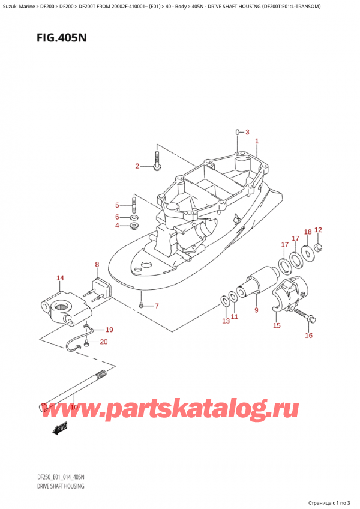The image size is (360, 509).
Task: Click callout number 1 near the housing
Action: coord(257,142)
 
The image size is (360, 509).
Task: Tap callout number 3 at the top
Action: coord(247,132)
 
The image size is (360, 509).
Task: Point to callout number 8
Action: coord(97,264)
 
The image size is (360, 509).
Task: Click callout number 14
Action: coord(60,277)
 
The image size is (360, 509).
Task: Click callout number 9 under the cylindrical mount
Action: coord(256,310)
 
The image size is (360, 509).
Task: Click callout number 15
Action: coord(277,326)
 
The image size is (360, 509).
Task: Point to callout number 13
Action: coord(226,321)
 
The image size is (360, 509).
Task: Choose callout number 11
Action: coord(235,316)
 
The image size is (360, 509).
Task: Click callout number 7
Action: coord(157,306)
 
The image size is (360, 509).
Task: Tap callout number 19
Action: coord(109,330)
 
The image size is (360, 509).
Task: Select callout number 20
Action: coord(104,342)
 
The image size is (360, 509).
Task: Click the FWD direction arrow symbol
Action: coord(61,429)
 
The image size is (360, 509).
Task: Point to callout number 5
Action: coord(118,205)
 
